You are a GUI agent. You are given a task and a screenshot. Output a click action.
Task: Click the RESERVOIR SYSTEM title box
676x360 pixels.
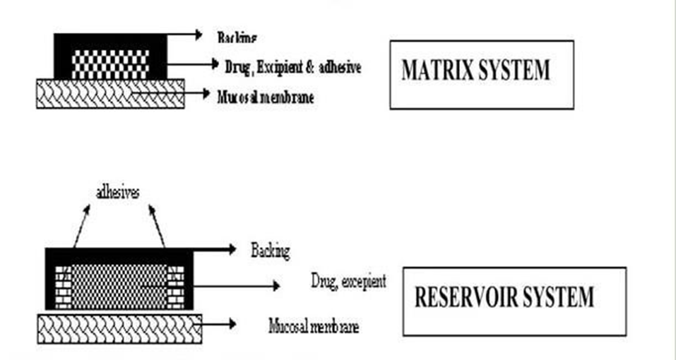(x=514, y=300)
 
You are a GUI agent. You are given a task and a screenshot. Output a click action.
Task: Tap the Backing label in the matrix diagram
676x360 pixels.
(x=237, y=36)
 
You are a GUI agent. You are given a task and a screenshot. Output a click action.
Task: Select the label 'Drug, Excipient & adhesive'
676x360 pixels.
(x=292, y=67)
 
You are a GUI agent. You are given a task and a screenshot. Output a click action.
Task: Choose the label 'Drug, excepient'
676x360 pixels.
(x=348, y=281)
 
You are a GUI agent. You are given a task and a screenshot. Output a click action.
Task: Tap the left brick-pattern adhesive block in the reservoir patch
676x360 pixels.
(x=63, y=286)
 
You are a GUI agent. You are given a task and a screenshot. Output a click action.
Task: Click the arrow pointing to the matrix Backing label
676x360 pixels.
(x=185, y=33)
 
